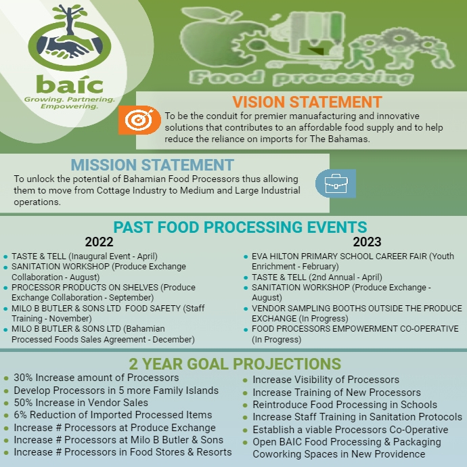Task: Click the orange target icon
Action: point(140,120)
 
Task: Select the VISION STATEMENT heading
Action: point(307,102)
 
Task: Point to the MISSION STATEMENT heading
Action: point(152,164)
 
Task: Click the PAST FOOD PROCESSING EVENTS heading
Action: point(240,227)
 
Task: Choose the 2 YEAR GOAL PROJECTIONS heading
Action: point(235,363)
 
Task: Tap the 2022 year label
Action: point(99,242)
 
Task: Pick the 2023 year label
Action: point(367,242)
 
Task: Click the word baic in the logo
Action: point(70,85)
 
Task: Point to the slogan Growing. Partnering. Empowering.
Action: point(70,103)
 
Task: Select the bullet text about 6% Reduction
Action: point(113,415)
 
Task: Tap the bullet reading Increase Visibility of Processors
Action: point(326,380)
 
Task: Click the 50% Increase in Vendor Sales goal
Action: point(81,403)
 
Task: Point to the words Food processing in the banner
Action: point(301,76)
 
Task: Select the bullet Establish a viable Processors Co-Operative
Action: point(350,430)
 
